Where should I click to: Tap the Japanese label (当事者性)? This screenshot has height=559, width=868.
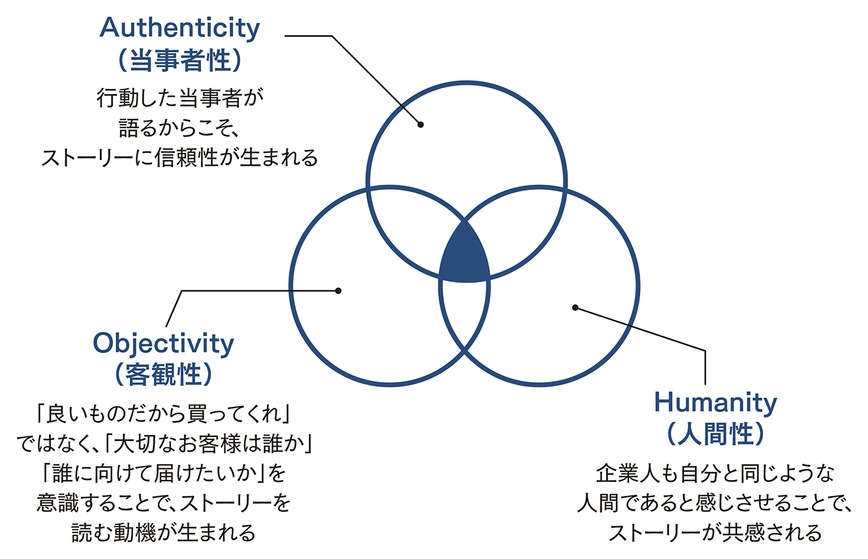point(179,61)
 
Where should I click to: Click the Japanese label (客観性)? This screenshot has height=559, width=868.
point(164,374)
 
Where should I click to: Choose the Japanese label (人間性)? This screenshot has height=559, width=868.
point(716,434)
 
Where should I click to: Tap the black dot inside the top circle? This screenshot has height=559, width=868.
point(420,125)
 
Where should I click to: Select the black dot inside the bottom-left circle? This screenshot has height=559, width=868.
point(338,291)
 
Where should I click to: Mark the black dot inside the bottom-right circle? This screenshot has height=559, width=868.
point(575,308)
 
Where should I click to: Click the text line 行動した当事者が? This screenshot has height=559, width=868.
point(180,98)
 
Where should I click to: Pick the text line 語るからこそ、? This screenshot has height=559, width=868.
point(179,128)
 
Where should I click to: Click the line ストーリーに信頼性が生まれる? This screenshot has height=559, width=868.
point(179,158)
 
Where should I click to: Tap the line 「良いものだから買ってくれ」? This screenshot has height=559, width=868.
point(164,413)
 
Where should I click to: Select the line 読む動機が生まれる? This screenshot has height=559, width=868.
point(164,533)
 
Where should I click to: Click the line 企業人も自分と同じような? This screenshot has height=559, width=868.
point(715,473)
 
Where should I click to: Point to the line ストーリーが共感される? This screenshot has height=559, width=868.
point(715,533)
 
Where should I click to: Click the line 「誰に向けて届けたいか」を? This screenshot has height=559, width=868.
point(164,473)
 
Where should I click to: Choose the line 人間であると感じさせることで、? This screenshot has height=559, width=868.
point(715,503)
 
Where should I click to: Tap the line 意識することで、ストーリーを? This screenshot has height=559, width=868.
point(164,503)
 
